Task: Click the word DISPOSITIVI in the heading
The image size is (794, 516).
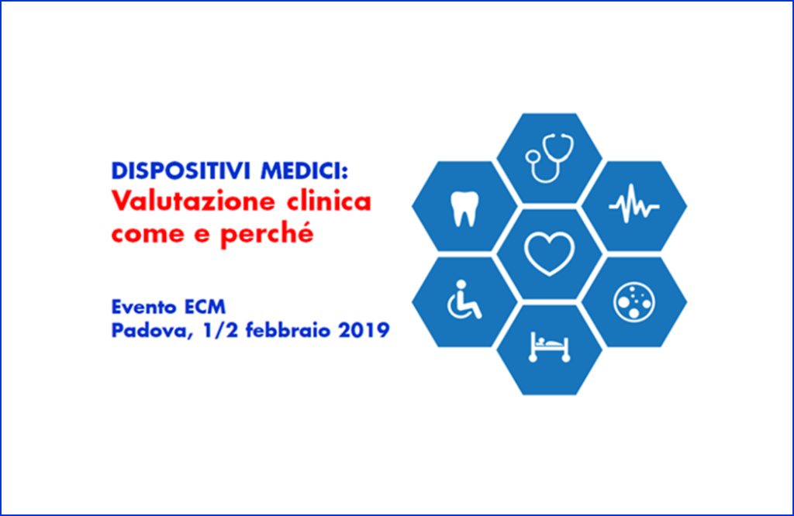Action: coord(181,171)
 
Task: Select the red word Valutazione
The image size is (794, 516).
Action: coord(193,201)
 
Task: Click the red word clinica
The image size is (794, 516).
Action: coord(329,201)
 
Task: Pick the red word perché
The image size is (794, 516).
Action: coord(267,234)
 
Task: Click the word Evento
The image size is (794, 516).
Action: coord(143,307)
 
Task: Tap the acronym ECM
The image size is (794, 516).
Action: coord(205,307)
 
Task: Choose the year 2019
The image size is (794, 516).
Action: coord(364,330)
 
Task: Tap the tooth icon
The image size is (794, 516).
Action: coord(464,208)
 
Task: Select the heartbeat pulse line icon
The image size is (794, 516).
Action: coord(634,204)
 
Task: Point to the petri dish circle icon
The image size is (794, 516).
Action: coord(634,302)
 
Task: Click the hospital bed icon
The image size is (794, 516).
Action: coord(550,347)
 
